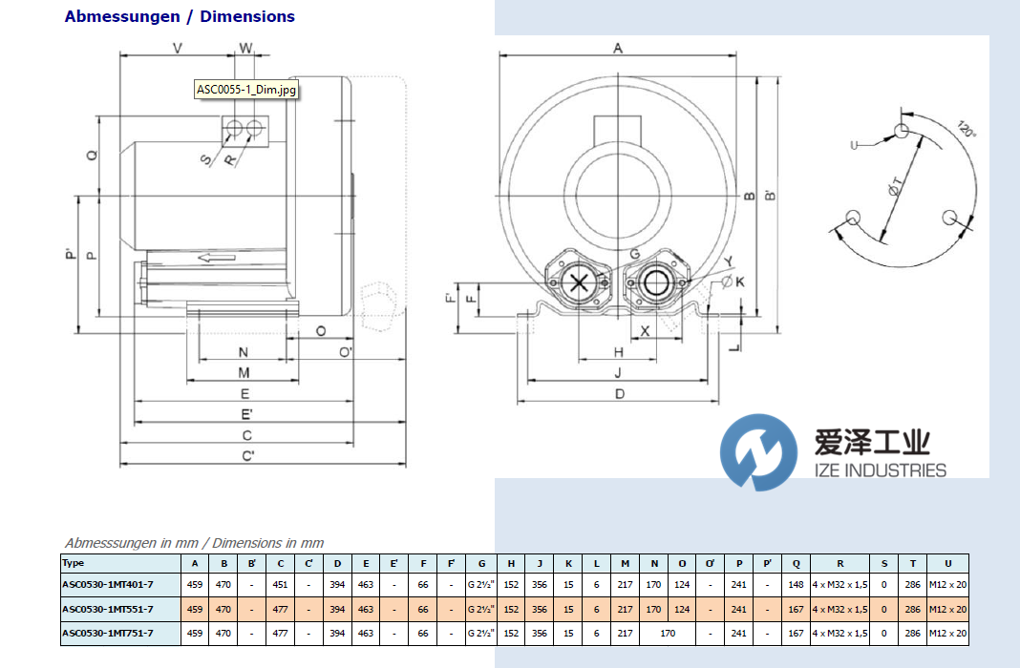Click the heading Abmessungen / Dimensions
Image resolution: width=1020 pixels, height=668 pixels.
pyautogui.click(x=180, y=16)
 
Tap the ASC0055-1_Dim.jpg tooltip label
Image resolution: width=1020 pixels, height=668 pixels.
pyautogui.click(x=246, y=90)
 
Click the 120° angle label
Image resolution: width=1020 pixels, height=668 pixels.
pyautogui.click(x=967, y=130)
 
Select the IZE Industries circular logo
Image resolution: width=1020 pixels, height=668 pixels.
pyautogui.click(x=758, y=452)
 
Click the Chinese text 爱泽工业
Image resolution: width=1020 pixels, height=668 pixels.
pyautogui.click(x=871, y=442)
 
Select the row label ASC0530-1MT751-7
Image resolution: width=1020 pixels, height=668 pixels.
pyautogui.click(x=107, y=633)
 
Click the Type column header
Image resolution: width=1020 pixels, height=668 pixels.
pyautogui.click(x=74, y=563)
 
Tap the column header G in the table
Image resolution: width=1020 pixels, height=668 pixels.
pyautogui.click(x=481, y=563)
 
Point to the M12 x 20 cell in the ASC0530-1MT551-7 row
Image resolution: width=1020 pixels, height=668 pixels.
pyautogui.click(x=947, y=609)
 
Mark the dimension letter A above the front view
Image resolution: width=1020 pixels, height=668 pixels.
pyautogui.click(x=618, y=49)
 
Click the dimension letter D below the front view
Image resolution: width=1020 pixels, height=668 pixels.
pyautogui.click(x=619, y=393)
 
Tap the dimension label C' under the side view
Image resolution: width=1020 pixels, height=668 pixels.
pyautogui.click(x=247, y=456)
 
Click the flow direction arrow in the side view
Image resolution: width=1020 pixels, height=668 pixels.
pyautogui.click(x=216, y=257)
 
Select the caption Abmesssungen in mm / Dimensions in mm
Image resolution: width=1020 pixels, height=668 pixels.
pyautogui.click(x=194, y=543)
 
